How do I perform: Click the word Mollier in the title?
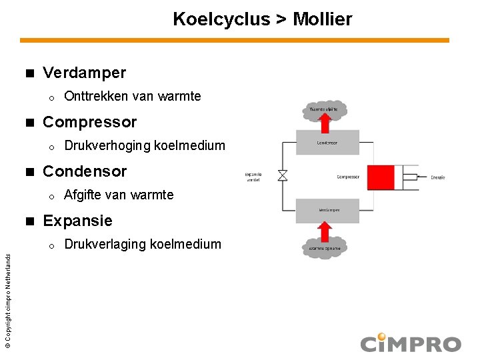[322, 19]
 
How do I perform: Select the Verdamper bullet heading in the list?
[84, 72]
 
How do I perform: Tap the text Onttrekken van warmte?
[132, 97]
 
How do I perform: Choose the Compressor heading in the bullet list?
[89, 122]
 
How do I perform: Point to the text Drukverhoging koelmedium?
[145, 146]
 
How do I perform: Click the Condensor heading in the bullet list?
[85, 171]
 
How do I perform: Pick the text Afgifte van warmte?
[119, 195]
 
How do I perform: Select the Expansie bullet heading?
[77, 221]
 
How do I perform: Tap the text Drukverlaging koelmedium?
[143, 245]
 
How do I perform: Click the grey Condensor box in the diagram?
[327, 143]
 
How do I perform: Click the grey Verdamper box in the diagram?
[327, 209]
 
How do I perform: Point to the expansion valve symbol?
[283, 176]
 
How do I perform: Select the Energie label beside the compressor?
[437, 177]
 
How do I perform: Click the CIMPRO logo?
[411, 343]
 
